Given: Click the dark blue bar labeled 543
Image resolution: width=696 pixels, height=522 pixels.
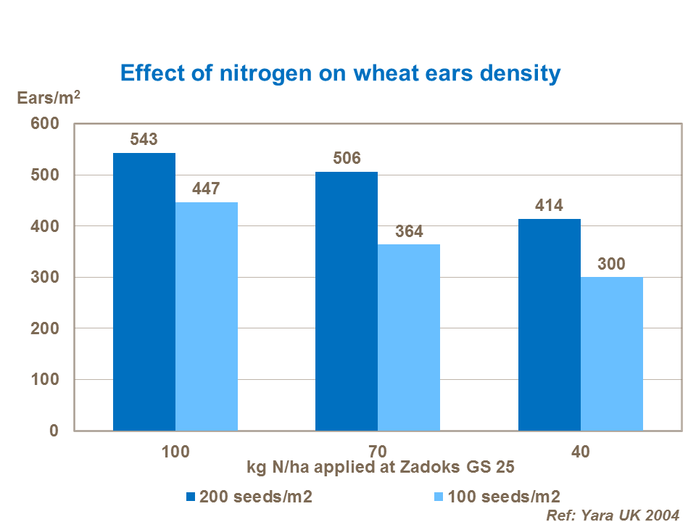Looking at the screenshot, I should pos(144,291).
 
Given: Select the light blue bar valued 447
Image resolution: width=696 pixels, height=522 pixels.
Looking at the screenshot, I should pos(207,316).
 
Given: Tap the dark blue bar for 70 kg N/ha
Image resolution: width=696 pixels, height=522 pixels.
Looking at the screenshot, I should pos(347,301).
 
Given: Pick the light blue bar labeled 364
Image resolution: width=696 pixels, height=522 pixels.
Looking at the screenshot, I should pos(409,337).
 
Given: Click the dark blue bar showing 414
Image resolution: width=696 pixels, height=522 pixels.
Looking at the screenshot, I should pos(550,325).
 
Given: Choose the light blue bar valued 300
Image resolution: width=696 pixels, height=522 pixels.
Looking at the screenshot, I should pos(612,354).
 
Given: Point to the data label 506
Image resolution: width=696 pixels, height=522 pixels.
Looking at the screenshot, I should pos(347,158).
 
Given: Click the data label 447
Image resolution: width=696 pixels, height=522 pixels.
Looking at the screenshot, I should pos(207,188).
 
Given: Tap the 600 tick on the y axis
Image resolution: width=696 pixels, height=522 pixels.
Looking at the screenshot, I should pos(44,125).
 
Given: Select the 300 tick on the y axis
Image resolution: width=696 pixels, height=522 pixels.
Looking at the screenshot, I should pos(44,278).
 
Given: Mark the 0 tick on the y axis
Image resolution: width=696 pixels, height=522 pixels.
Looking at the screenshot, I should pos(53,431).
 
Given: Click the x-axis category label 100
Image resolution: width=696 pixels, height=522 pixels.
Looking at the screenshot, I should pos(175,451).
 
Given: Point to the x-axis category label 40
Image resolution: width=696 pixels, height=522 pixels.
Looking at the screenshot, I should pos(580,451).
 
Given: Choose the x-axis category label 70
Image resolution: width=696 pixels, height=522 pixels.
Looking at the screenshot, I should pos(378,451).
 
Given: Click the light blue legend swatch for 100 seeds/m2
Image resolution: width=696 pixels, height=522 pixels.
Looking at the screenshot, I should pos(438,497).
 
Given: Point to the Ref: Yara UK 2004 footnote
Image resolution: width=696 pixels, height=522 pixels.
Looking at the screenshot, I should pos(613,515).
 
